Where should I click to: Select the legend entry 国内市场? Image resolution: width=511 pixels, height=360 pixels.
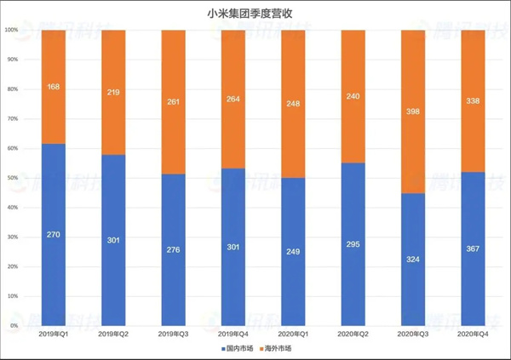click(x=238, y=349)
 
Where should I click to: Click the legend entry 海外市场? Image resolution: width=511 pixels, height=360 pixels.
click(x=275, y=349)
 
